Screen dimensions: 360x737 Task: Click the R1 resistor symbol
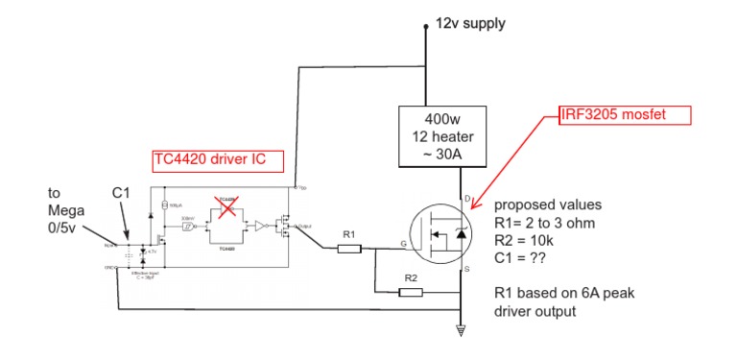point(348,249)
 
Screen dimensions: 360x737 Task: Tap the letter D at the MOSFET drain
point(467,200)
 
